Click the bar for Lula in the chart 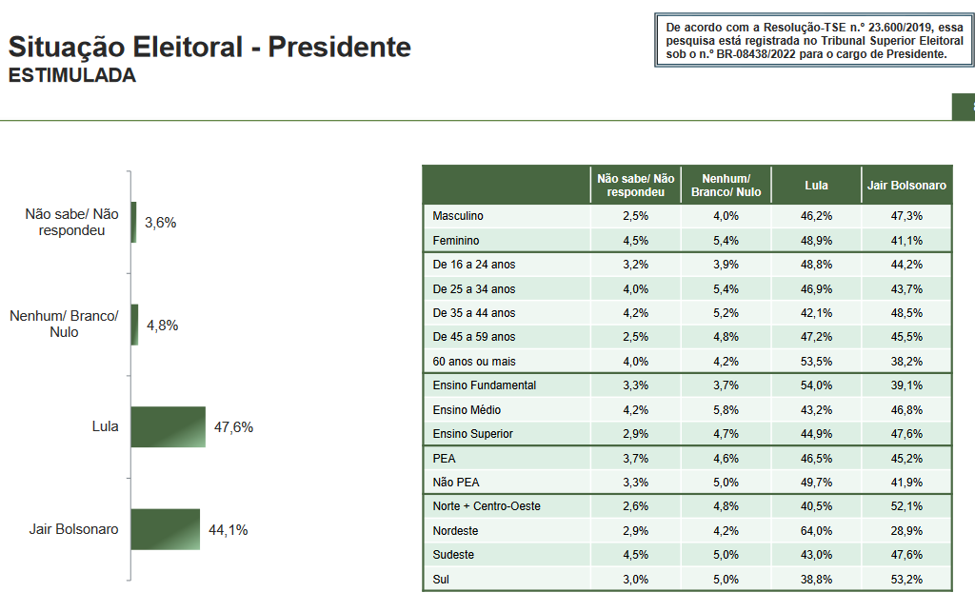[x=168, y=426]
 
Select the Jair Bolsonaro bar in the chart [x=165, y=529]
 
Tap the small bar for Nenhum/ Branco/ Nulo [x=134, y=325]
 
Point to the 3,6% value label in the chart [x=160, y=223]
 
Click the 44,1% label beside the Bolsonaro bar [x=229, y=529]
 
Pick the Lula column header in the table [x=816, y=185]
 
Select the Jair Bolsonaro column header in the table [x=906, y=185]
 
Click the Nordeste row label [x=455, y=530]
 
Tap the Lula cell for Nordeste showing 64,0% [x=816, y=530]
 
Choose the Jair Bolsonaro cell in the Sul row [x=906, y=579]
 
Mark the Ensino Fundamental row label [x=484, y=385]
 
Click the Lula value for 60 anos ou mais [x=816, y=362]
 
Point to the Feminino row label [x=455, y=241]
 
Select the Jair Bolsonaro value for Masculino [x=906, y=216]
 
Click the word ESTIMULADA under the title [x=72, y=76]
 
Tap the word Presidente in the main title [x=339, y=47]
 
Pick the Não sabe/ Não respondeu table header [x=635, y=185]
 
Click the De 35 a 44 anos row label [x=473, y=313]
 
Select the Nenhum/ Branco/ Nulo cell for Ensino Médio [x=726, y=410]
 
